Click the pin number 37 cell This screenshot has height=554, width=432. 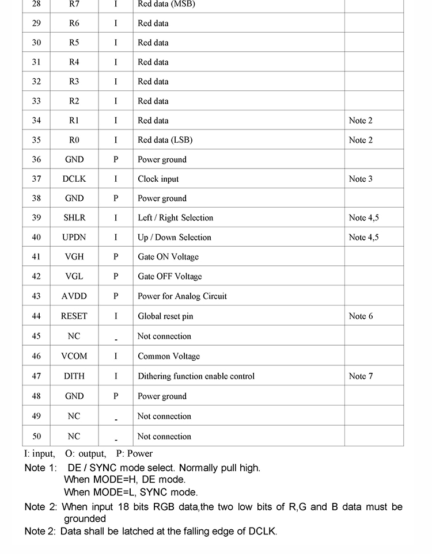tap(36, 179)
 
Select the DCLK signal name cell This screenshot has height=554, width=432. tap(74, 179)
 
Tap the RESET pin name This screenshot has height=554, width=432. tap(74, 316)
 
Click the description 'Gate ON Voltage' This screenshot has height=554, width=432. tap(168, 257)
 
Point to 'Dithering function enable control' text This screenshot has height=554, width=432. tap(196, 376)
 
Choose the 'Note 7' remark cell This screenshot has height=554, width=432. tap(361, 376)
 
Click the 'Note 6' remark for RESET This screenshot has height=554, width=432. tap(361, 316)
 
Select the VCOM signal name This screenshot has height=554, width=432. tap(74, 356)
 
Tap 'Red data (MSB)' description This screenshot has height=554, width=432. tap(166, 4)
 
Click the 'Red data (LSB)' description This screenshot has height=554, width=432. tap(165, 140)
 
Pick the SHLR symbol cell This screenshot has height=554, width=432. tap(74, 218)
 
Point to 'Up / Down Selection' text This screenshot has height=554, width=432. tap(175, 238)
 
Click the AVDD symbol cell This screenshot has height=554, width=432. tap(74, 296)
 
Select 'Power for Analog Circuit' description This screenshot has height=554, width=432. tap(182, 296)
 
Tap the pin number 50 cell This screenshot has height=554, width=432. tap(36, 436)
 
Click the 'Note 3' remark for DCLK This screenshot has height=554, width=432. tap(361, 179)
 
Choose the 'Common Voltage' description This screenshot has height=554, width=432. tap(169, 356)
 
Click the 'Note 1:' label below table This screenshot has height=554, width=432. tap(41, 468)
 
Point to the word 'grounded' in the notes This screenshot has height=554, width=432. tap(85, 518)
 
